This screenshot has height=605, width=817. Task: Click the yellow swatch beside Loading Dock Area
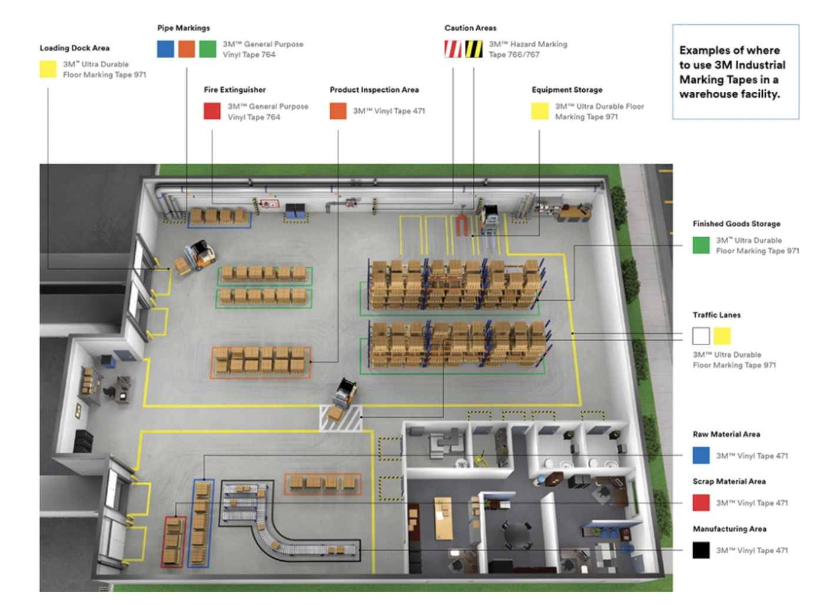[x=48, y=69]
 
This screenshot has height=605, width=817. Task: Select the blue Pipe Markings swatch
[x=165, y=49]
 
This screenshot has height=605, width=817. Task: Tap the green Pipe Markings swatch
[x=207, y=49]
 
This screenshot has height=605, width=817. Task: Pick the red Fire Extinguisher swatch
[x=212, y=111]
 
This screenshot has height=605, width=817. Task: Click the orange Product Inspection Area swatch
[x=338, y=111]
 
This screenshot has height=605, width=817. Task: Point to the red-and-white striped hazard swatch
[x=453, y=49]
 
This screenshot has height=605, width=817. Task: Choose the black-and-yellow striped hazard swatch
[x=474, y=49]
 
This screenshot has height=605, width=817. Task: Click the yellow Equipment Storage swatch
[x=540, y=111]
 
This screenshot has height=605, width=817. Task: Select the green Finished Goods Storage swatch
[x=700, y=245]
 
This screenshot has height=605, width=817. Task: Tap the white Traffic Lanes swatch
[x=700, y=336]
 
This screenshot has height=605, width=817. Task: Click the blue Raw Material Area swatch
[x=700, y=456]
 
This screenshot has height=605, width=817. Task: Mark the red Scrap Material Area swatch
[x=700, y=503]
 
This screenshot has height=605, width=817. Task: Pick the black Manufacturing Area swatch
[x=700, y=550]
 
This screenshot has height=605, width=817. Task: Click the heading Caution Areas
[x=470, y=28]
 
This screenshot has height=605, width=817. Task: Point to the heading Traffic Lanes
[x=716, y=315]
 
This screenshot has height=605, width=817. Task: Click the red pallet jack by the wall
[x=461, y=224]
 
